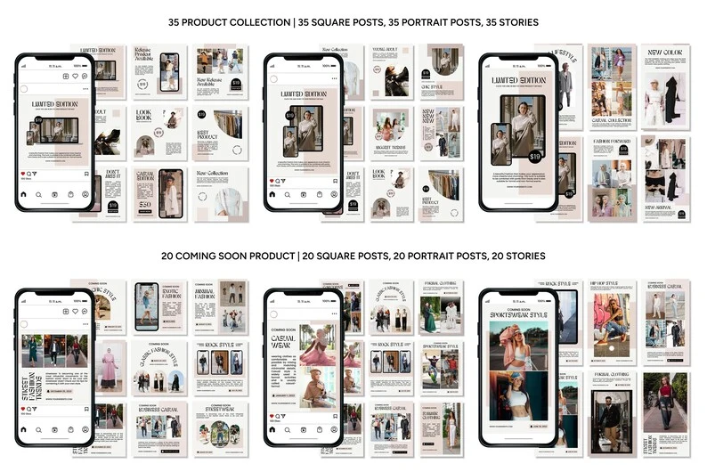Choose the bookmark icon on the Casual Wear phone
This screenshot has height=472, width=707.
(336, 428)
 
